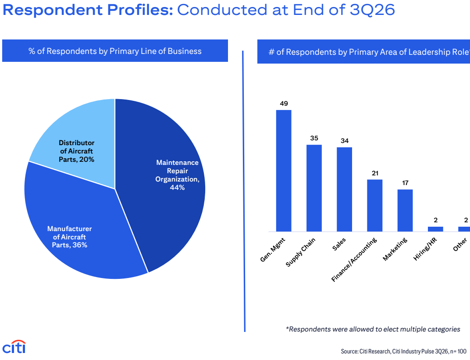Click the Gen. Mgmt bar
tap(284, 171)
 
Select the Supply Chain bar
tap(314, 188)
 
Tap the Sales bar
tap(345, 189)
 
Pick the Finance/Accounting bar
tap(375, 206)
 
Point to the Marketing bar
tap(405, 210)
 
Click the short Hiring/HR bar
tap(435, 229)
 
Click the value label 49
tap(284, 104)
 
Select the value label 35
tap(314, 138)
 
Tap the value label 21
tap(375, 173)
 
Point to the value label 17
tap(405, 183)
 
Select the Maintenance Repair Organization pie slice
tap(168, 180)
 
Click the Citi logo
tap(14, 347)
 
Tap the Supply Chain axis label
tap(300, 252)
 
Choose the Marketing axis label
tap(395, 249)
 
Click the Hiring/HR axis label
tap(425, 249)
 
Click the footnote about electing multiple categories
tap(373, 329)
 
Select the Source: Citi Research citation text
tap(403, 351)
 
